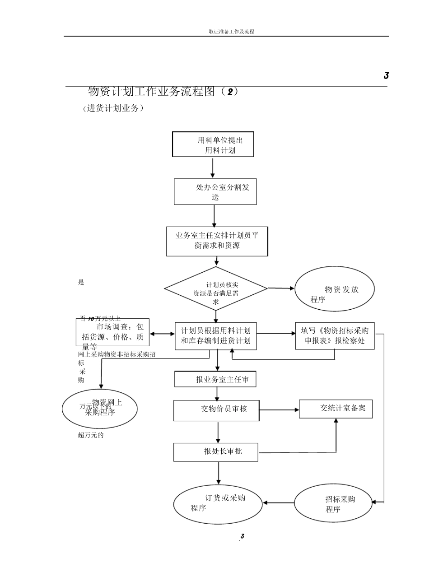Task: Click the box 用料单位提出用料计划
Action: [213, 144]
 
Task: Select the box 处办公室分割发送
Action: [215, 192]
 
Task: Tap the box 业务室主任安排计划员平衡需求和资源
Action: [217, 241]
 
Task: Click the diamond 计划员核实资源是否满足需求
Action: [216, 288]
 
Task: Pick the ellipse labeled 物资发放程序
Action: [334, 289]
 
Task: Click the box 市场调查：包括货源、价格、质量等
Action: [112, 332]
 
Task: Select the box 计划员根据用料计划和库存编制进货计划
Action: [215, 335]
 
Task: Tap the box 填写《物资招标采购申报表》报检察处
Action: [335, 335]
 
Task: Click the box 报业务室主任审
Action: [215, 379]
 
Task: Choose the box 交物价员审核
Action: [216, 410]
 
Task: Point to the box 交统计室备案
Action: [336, 409]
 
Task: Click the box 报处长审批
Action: [215, 452]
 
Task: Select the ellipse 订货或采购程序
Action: [218, 503]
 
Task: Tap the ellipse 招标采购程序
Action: [333, 503]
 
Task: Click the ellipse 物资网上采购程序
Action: [99, 409]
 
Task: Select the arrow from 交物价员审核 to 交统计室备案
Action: [279, 410]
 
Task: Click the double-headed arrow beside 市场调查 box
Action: [162, 334]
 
